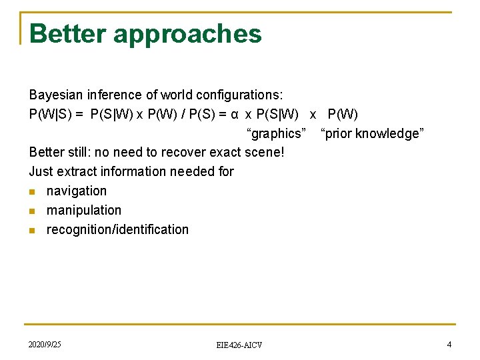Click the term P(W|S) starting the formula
pyautogui.click(x=51, y=114)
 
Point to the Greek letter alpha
pyautogui.click(x=235, y=115)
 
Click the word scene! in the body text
pyautogui.click(x=265, y=152)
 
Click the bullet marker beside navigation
pyautogui.click(x=33, y=191)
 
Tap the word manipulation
pyautogui.click(x=84, y=210)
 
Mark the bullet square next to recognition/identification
pyautogui.click(x=33, y=230)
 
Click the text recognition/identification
pyautogui.click(x=117, y=229)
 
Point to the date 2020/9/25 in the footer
pyautogui.click(x=45, y=344)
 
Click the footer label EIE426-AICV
pyautogui.click(x=239, y=345)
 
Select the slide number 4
pyautogui.click(x=449, y=344)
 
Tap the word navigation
pyautogui.click(x=77, y=191)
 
